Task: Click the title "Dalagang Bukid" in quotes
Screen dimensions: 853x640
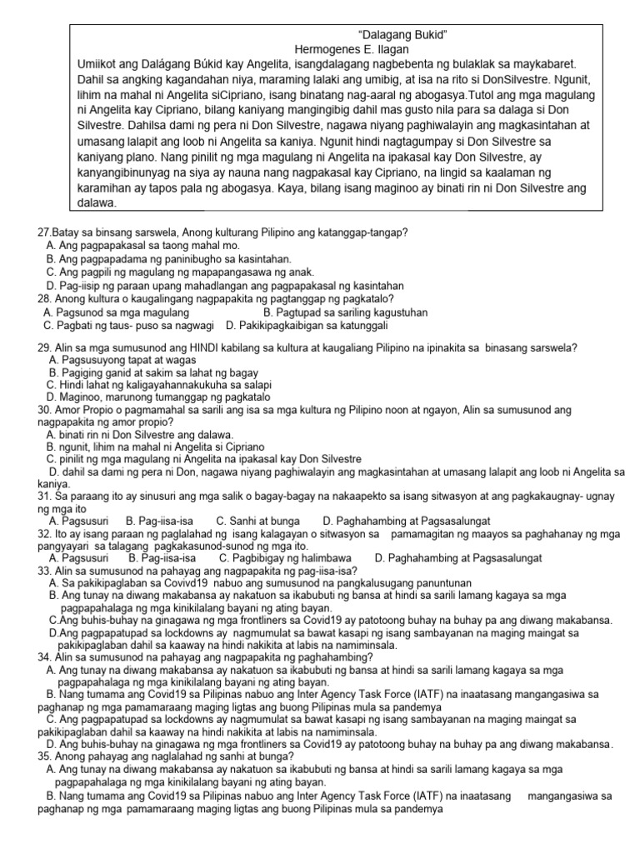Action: click(x=403, y=36)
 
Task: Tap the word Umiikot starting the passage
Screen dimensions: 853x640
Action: click(x=100, y=64)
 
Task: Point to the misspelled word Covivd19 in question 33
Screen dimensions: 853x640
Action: click(x=170, y=583)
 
